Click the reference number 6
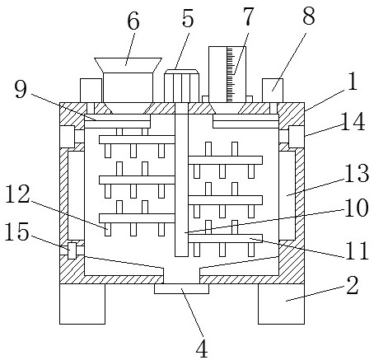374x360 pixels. pyautogui.click(x=133, y=21)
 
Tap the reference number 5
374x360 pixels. pyautogui.click(x=188, y=18)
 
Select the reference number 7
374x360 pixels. pyautogui.click(x=248, y=17)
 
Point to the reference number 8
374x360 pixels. pyautogui.click(x=309, y=16)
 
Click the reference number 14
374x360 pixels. pyautogui.click(x=353, y=122)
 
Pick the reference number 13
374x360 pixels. pyautogui.click(x=357, y=173)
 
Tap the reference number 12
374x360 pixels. pyautogui.click(x=18, y=194)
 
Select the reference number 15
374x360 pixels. pyautogui.click(x=17, y=231)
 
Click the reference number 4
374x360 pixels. pyautogui.click(x=202, y=348)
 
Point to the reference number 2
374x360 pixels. pyautogui.click(x=353, y=285)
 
